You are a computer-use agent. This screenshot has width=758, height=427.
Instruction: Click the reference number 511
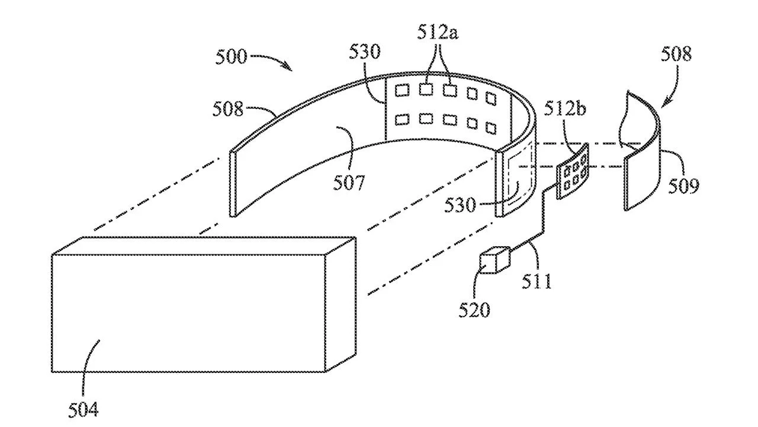537,279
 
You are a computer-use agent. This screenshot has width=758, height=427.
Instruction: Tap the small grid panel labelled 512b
573,172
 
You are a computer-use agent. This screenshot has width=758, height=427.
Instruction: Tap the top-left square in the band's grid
403,90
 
